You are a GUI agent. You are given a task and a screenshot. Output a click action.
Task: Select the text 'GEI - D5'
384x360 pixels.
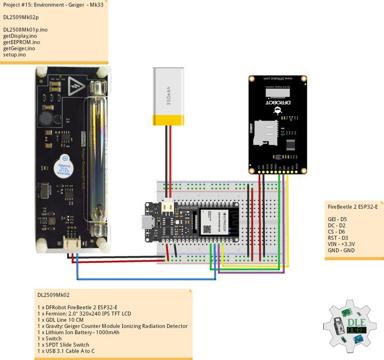coord(337,219)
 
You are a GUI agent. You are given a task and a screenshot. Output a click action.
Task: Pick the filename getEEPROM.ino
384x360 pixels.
coord(21,42)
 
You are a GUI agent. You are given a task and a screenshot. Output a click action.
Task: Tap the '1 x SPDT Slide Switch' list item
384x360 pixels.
coord(63,345)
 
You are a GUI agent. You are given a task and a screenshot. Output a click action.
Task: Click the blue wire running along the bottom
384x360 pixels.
coord(144,279)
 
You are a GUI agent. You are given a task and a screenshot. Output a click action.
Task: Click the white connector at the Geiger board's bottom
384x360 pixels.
coord(71,243)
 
